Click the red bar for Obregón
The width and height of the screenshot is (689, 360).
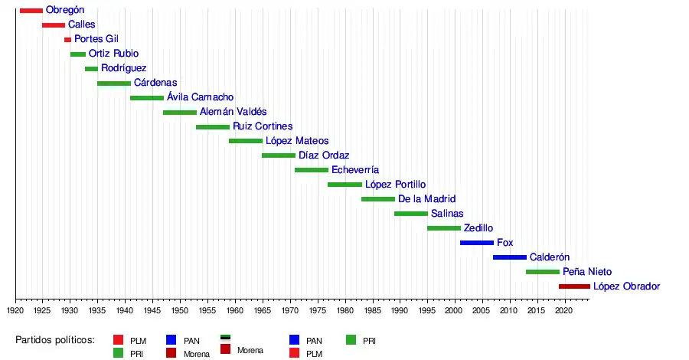tap(31, 10)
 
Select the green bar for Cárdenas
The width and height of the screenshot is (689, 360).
tap(113, 83)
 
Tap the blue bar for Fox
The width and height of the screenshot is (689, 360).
tap(476, 243)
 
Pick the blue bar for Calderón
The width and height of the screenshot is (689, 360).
tap(509, 257)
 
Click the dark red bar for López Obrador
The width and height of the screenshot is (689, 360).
tap(574, 286)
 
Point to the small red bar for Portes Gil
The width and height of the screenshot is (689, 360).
tap(67, 39)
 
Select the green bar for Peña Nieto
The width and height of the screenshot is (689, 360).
tap(542, 272)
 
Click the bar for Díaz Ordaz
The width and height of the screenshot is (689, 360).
tap(278, 155)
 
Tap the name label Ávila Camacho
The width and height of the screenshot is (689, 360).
tap(200, 97)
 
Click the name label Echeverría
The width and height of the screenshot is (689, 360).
tap(355, 170)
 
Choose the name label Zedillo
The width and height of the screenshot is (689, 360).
tap(478, 228)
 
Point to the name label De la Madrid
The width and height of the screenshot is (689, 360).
tap(426, 199)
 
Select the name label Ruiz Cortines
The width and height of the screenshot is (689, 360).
tap(263, 126)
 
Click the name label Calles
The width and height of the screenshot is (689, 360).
tap(82, 25)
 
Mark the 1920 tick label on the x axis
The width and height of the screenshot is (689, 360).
tap(15, 311)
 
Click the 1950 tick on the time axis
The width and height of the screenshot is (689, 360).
tap(180, 311)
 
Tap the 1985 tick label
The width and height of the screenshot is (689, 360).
tap(372, 311)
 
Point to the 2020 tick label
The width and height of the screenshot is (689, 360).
tap(564, 311)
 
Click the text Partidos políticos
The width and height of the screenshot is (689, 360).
tap(54, 340)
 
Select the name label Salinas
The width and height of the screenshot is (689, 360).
tap(447, 214)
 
